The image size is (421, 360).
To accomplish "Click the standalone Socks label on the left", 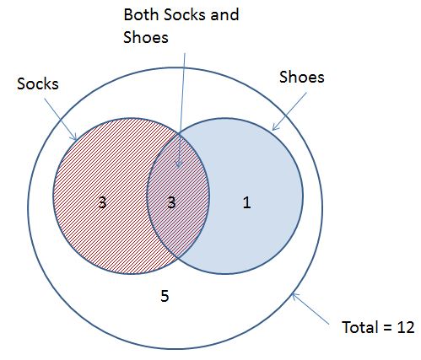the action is [x=38, y=83].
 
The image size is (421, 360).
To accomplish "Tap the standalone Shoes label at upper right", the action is [x=302, y=77].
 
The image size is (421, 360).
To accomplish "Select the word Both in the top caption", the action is [x=141, y=14].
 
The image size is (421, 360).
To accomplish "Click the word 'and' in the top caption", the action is [x=224, y=14].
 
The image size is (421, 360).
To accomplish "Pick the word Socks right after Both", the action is [x=185, y=14].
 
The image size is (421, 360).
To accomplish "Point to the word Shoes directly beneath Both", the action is [x=146, y=37].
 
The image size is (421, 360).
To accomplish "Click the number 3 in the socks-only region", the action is [x=102, y=202].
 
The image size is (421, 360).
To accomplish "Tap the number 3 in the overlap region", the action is [x=171, y=202].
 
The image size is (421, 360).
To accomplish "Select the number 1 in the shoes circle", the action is [x=246, y=202].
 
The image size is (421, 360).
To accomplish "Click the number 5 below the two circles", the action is [x=165, y=296].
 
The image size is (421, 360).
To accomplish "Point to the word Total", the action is [x=359, y=327].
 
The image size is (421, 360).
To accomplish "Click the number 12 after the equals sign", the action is [x=406, y=327].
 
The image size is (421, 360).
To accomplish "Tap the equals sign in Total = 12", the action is [x=387, y=328].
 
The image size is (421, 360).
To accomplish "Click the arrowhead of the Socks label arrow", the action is [x=75, y=139].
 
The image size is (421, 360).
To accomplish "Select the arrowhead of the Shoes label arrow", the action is [x=273, y=129].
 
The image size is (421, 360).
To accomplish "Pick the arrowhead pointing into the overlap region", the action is [x=178, y=167].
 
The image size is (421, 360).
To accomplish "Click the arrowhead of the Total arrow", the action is [x=293, y=294].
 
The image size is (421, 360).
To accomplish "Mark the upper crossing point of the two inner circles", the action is [x=179, y=133].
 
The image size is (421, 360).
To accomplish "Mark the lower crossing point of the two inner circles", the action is [x=178, y=258].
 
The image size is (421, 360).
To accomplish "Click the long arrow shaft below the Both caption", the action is [x=181, y=110].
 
